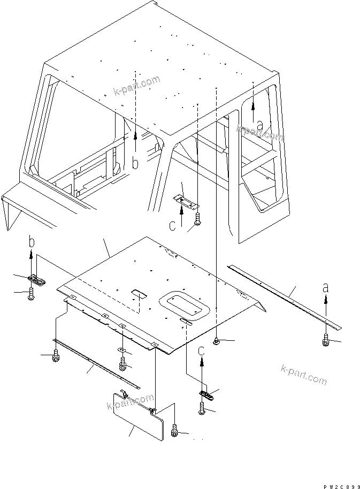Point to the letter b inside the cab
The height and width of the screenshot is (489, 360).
[135, 164]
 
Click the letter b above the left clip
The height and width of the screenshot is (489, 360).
[32, 242]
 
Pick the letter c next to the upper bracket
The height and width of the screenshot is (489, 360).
[172, 226]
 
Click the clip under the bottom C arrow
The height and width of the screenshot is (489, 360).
[206, 395]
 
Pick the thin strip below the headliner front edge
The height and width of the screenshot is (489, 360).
[96, 363]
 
